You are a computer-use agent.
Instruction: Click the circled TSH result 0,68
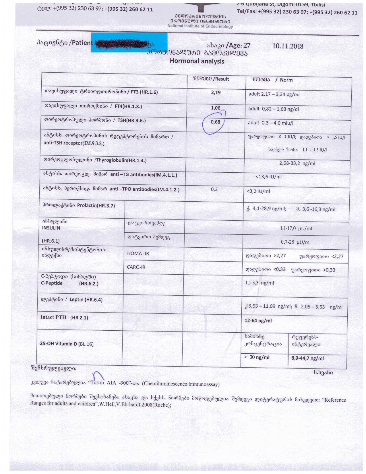tap(215, 122)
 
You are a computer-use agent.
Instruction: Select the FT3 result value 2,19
tap(216, 93)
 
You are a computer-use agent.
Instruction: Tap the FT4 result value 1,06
tap(215, 108)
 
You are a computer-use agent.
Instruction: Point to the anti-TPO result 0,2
tap(214, 189)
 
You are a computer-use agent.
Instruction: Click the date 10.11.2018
tap(288, 46)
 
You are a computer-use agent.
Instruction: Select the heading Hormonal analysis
tap(197, 61)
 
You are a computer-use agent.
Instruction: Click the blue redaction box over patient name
tap(129, 43)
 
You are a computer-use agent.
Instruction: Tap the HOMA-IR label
tap(138, 253)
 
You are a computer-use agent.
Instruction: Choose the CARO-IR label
tap(136, 267)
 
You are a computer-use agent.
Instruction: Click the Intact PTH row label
tap(64, 317)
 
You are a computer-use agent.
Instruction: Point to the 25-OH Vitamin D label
tap(67, 344)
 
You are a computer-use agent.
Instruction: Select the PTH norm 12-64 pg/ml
tap(258, 321)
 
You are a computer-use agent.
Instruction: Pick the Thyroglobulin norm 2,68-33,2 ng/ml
tap(297, 163)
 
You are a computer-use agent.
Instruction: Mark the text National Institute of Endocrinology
tap(200, 26)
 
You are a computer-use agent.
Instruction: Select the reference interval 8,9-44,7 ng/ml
tap(307, 358)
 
